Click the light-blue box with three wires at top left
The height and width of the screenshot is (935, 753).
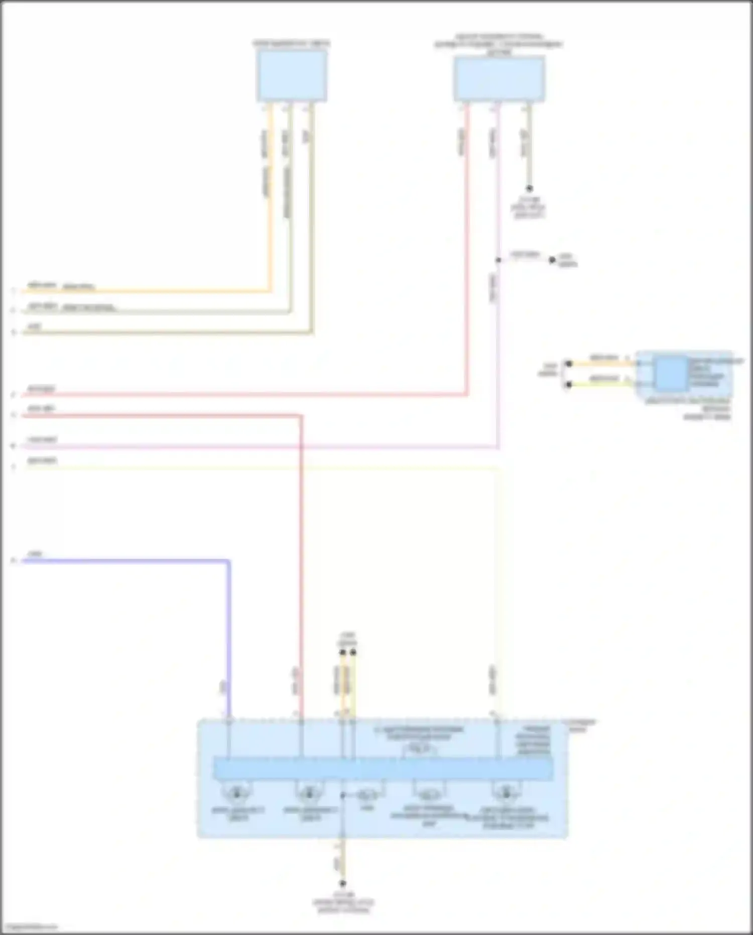[x=292, y=76]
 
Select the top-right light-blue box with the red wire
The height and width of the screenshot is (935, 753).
[x=499, y=79]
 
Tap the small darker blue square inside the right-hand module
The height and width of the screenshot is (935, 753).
[x=672, y=374]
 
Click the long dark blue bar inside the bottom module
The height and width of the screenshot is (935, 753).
[x=383, y=769]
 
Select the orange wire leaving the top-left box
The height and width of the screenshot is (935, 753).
[x=270, y=201]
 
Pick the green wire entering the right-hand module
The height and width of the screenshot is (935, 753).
[x=602, y=384]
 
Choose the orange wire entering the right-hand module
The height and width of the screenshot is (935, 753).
[x=602, y=363]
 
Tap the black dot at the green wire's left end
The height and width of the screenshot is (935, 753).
[x=569, y=385]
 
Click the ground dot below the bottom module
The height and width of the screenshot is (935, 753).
[x=343, y=883]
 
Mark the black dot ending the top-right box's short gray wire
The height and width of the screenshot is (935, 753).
[x=529, y=189]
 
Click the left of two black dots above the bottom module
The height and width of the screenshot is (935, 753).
[x=342, y=653]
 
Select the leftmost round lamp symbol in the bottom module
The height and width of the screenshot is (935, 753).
[x=235, y=794]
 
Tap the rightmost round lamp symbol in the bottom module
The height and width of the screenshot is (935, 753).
[x=506, y=794]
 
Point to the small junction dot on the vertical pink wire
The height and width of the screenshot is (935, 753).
[x=498, y=260]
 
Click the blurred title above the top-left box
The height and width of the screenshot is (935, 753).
[x=291, y=44]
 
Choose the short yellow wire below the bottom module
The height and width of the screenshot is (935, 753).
[x=343, y=862]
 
